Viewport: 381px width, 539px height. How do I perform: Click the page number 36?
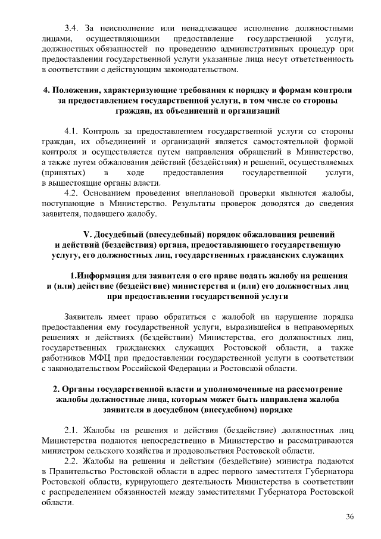[x=349, y=516]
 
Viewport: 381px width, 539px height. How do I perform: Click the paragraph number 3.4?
[x=71, y=28]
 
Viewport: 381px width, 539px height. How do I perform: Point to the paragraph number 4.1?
[x=71, y=130]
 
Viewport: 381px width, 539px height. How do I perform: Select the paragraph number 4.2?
[x=71, y=194]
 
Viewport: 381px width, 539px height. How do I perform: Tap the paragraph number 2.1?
[x=71, y=428]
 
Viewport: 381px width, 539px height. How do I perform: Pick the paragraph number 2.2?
[x=71, y=460]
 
